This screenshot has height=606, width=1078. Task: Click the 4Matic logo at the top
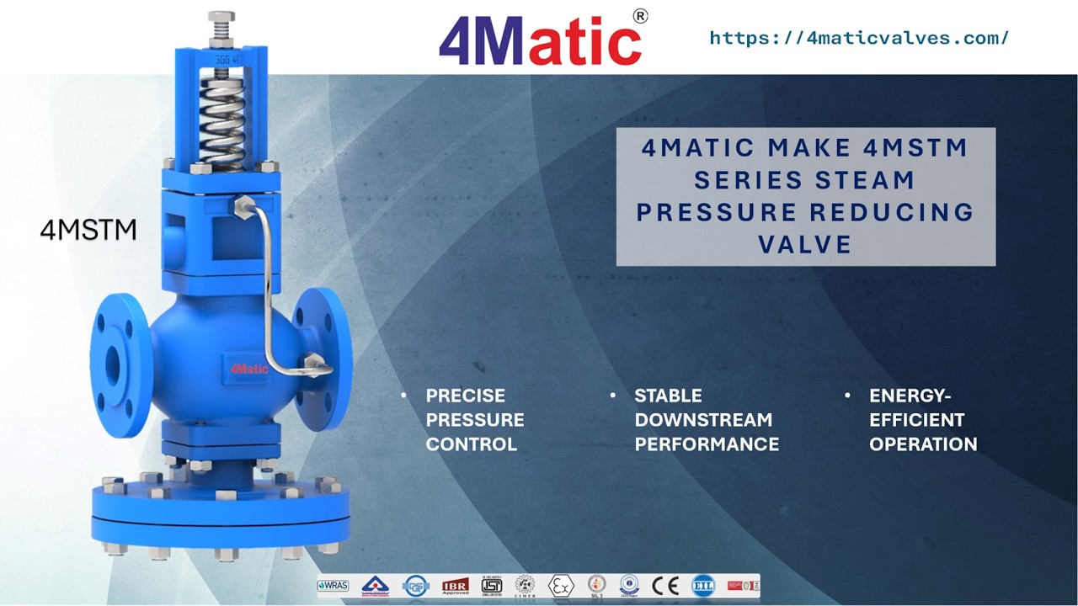tap(540, 40)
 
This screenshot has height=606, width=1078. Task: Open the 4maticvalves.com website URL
tap(858, 38)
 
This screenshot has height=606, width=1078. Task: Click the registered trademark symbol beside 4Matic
tap(640, 16)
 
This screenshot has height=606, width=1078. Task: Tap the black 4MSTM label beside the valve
tap(88, 230)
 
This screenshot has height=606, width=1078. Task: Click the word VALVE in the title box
tap(805, 244)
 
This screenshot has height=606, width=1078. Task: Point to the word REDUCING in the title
tap(893, 212)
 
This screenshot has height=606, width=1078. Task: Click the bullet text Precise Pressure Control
tap(474, 420)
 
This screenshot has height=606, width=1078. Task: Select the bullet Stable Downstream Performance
tap(706, 420)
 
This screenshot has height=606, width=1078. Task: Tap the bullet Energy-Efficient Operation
tap(922, 420)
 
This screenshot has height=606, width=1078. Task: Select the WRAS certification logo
tap(334, 586)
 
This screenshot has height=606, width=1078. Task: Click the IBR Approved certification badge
tap(455, 586)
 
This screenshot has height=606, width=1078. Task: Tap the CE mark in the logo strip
tap(666, 586)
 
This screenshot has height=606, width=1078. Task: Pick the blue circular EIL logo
tap(703, 586)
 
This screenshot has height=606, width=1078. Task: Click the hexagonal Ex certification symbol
tap(560, 586)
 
